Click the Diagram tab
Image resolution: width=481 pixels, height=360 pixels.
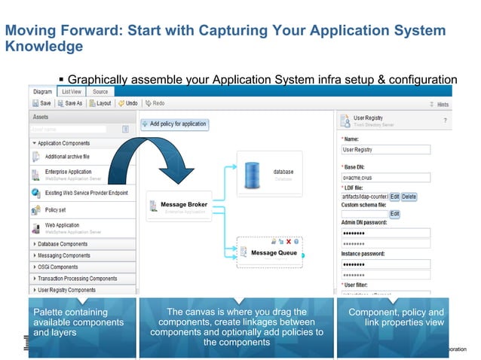[x=42, y=92]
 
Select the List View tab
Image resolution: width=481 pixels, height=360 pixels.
[x=72, y=92]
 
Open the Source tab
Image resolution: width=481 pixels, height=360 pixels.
[x=100, y=92]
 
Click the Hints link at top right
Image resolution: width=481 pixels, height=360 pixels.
[x=442, y=104]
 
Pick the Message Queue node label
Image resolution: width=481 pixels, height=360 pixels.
[x=274, y=253]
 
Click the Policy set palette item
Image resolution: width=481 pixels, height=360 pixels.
[x=56, y=210]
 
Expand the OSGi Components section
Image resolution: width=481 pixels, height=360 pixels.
[x=59, y=267]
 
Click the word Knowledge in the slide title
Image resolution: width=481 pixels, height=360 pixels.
[x=44, y=47]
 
